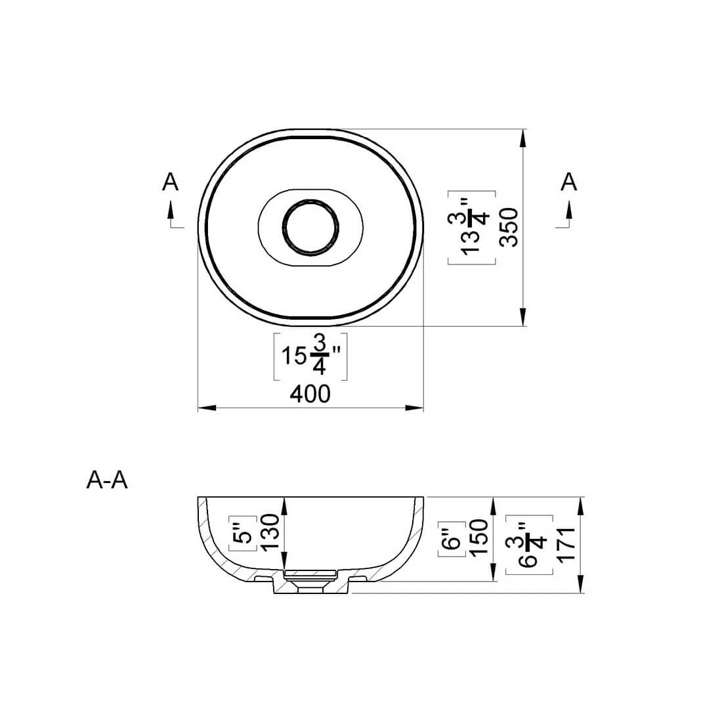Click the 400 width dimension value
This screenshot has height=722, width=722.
310,394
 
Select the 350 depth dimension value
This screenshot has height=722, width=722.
509,228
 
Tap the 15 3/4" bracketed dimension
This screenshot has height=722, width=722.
310,356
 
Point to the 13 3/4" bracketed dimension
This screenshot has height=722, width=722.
471,228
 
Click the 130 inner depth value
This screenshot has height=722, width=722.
270,532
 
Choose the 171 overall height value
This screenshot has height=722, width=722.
566,545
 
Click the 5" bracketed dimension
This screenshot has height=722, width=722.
243,533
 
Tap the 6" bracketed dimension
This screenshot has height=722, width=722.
452,539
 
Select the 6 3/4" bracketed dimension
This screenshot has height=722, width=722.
529,545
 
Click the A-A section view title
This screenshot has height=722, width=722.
107,480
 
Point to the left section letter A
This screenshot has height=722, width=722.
170,182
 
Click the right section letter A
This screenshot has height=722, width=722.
568,182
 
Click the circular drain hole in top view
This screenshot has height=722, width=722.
311,227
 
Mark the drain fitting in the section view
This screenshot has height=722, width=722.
310,580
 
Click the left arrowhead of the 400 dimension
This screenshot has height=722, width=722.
207,408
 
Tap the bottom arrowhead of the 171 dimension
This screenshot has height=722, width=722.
581,584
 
